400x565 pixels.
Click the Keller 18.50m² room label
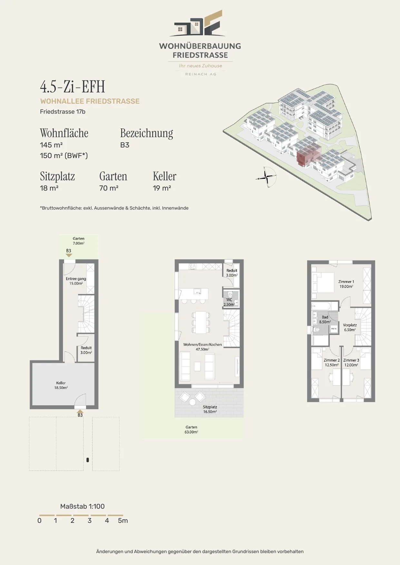point(61,385)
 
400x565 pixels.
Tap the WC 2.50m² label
point(229,302)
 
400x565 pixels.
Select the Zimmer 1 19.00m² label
point(346,284)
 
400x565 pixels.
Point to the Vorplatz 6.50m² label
point(350,327)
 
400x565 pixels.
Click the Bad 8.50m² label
point(325,319)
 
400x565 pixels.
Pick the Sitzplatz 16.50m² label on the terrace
point(210,409)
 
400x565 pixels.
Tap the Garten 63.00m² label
point(191,429)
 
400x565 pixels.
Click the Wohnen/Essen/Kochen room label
point(202,347)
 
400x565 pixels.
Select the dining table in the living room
point(201,322)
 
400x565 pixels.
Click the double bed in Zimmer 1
point(323,282)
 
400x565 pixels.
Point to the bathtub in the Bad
point(325,306)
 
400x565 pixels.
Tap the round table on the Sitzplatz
point(192,402)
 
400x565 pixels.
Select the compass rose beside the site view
point(267,177)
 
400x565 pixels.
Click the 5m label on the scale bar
point(123,521)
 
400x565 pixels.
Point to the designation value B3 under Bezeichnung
point(125,145)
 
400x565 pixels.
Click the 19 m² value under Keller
point(162,188)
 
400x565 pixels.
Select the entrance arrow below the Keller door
point(80,411)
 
